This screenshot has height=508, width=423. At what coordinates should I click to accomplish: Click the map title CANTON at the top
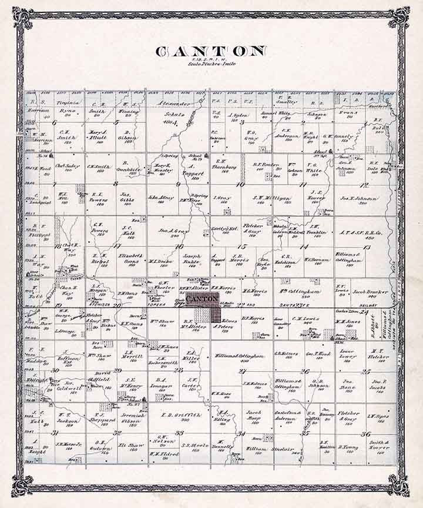(211, 51)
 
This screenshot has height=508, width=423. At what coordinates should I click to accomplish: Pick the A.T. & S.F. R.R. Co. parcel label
(356, 234)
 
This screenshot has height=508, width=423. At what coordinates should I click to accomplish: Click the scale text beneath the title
(211, 62)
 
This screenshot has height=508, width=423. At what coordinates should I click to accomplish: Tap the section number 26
(304, 371)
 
